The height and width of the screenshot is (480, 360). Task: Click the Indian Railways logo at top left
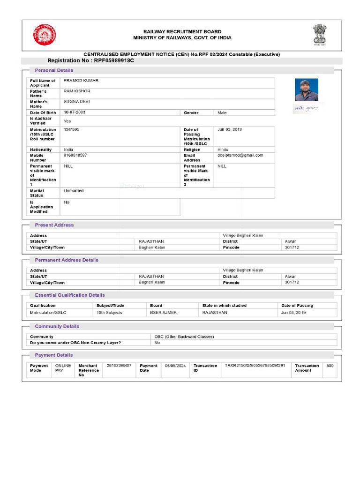pyautogui.click(x=44, y=35)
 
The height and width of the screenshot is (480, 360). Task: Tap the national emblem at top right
pyautogui.click(x=321, y=34)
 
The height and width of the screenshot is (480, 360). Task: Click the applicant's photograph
pyautogui.click(x=307, y=90)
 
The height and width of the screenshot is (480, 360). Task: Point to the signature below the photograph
pyautogui.click(x=306, y=109)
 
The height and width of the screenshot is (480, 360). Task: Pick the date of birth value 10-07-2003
pyautogui.click(x=75, y=112)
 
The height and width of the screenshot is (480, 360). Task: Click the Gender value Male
pyautogui.click(x=222, y=113)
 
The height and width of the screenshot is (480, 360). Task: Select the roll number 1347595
pyautogui.click(x=71, y=129)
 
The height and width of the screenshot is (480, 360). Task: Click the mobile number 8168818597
pyautogui.click(x=75, y=155)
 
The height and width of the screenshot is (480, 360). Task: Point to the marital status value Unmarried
pyautogui.click(x=74, y=191)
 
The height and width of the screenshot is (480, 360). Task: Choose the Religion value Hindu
pyautogui.click(x=223, y=150)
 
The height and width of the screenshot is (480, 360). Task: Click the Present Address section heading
pyautogui.click(x=54, y=225)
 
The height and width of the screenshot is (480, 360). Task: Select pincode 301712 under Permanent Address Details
pyautogui.click(x=292, y=282)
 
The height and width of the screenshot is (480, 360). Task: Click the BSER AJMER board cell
pyautogui.click(x=163, y=313)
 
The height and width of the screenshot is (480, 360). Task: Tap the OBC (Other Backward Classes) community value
pyautogui.click(x=184, y=337)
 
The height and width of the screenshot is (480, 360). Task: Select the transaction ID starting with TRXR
pyautogui.click(x=255, y=365)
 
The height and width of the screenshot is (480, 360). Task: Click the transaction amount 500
pyautogui.click(x=330, y=365)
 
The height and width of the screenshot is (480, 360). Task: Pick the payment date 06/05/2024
pyautogui.click(x=175, y=365)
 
